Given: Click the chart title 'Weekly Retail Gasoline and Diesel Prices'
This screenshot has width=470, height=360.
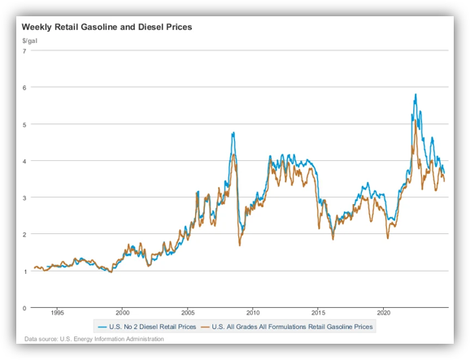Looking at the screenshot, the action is click(107, 27).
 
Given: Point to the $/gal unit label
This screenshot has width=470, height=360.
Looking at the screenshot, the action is click(29, 41).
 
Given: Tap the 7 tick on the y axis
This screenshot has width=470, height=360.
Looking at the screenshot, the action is click(24, 51).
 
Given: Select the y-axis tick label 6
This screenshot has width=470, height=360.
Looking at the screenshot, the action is click(24, 88).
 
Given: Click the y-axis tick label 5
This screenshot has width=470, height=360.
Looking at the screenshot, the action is click(24, 124).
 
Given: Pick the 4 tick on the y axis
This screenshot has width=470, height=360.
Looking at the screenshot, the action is click(24, 161).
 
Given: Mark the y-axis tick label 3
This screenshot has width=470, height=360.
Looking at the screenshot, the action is click(24, 197).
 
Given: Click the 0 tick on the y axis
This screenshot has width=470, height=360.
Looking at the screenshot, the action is click(24, 308).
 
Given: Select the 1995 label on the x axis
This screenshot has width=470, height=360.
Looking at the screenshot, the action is click(57, 313).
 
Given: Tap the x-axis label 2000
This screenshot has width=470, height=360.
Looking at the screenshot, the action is click(123, 313).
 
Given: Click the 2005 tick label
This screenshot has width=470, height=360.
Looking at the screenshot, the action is click(188, 313).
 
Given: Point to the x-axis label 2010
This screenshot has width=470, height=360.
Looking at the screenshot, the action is click(253, 313).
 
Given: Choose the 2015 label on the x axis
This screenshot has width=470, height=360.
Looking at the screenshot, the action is click(318, 313).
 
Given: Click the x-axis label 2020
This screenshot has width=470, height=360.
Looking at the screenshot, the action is click(383, 313).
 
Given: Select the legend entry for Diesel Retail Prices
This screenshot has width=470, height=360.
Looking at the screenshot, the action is click(147, 327).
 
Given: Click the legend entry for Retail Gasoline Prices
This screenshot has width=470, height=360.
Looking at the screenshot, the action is click(287, 327).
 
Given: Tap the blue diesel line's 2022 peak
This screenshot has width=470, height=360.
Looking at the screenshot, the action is click(416, 94).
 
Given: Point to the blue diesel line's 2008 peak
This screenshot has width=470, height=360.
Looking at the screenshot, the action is click(233, 132).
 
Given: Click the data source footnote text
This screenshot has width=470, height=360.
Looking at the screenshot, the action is click(94, 339).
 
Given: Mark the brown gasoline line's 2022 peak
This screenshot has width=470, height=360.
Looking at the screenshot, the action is click(416, 120).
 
